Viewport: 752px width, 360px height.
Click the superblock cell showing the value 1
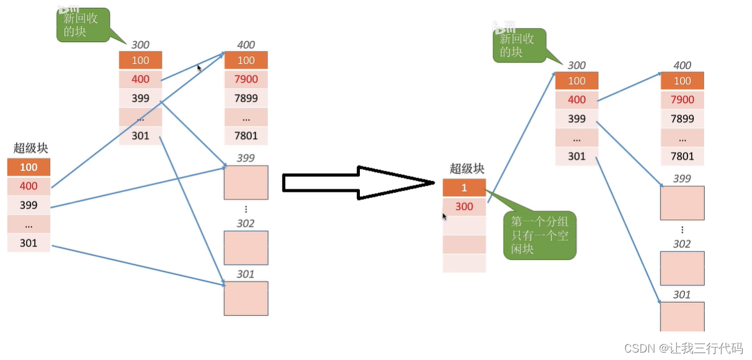pos(464,187)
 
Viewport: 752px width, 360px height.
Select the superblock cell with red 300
pos(464,207)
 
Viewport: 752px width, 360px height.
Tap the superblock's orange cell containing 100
pos(29,167)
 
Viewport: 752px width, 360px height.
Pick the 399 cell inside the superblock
pos(29,205)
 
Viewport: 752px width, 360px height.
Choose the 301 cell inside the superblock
pos(29,243)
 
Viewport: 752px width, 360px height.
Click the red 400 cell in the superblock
pos(29,186)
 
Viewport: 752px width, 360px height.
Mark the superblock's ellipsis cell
pos(29,224)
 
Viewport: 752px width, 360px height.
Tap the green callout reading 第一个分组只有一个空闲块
pos(539,236)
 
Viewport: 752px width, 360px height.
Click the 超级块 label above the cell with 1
pos(467,168)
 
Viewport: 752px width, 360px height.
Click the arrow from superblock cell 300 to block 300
pos(521,137)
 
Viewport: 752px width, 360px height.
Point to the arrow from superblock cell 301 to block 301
pos(137,264)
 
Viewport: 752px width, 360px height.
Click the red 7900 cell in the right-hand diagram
pos(683,99)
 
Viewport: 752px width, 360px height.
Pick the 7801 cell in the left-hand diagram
pos(246,135)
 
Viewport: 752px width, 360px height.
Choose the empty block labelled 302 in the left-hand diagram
pos(246,248)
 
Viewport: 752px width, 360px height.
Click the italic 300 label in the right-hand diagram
pos(576,65)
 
